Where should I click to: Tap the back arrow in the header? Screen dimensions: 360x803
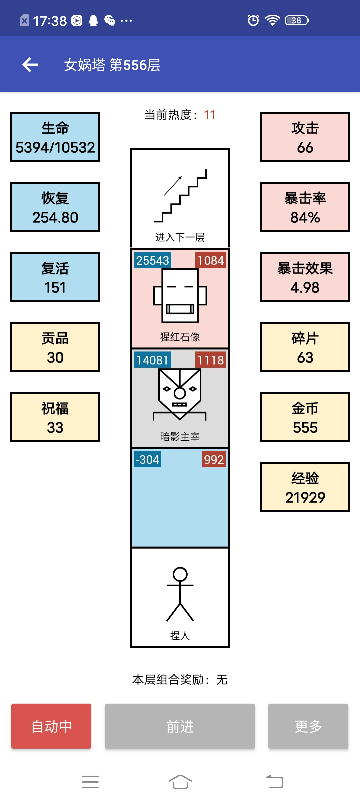coord(30,65)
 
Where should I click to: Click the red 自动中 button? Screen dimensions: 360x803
coord(51,726)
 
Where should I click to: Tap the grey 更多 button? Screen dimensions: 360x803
coord(308,726)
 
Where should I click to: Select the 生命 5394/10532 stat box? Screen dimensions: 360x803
coord(55,137)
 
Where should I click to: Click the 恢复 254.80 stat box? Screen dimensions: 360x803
coord(55,207)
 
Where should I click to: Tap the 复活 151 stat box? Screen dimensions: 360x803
coord(55,277)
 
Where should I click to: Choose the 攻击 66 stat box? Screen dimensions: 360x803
coord(305,137)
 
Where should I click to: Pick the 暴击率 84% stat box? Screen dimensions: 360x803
coord(305,207)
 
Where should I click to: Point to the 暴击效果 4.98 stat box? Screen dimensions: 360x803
coord(305,277)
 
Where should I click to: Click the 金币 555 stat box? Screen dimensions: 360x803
coord(305,417)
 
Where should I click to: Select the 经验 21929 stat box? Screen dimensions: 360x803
coord(305,487)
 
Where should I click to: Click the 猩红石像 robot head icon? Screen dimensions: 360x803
coord(180,295)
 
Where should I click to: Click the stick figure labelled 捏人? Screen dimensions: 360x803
coord(180,594)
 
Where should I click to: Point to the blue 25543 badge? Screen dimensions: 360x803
coord(153,260)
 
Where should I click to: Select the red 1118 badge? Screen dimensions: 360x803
coord(211,360)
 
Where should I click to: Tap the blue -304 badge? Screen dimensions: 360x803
coord(148,459)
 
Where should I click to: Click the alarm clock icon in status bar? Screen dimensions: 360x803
coord(253,20)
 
